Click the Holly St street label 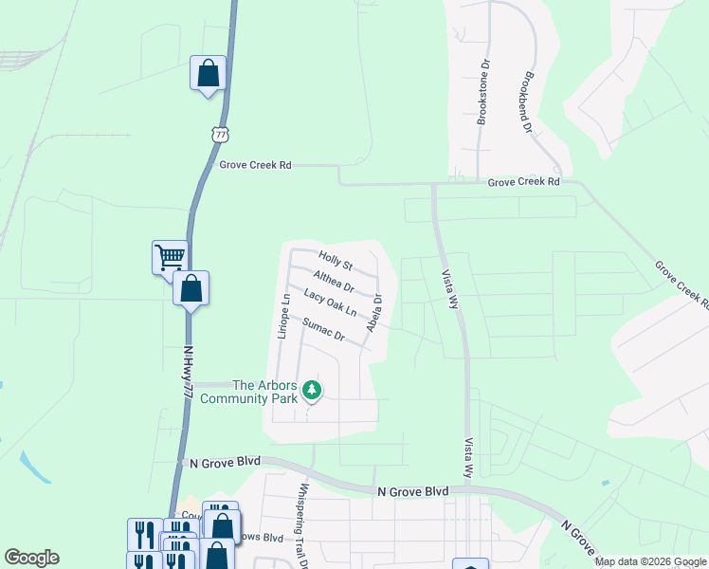336,260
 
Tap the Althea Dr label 334,282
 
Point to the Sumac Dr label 321,329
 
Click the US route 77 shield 221,135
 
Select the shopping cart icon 170,256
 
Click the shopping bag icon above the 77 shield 209,73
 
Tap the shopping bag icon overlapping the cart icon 191,287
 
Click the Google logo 31,558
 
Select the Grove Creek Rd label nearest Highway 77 255,165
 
